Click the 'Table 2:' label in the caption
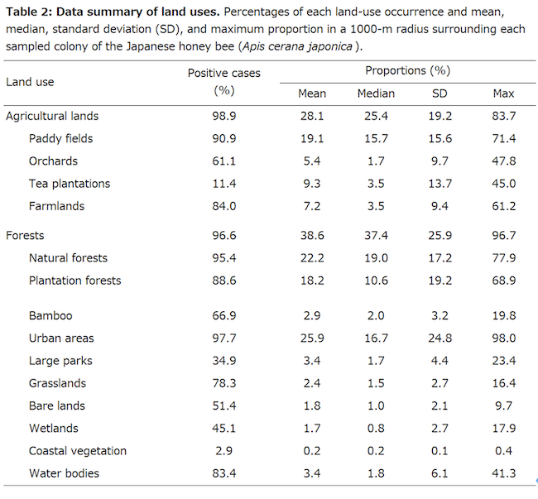pyautogui.click(x=31, y=11)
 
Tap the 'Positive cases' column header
pyautogui.click(x=223, y=73)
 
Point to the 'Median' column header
pyautogui.click(x=376, y=94)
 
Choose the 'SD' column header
pyautogui.click(x=440, y=94)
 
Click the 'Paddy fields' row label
pyautogui.click(x=62, y=138)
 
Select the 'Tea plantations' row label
pyautogui.click(x=70, y=183)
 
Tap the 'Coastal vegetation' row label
pyautogui.click(x=78, y=451)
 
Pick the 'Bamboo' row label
pyautogui.click(x=50, y=316)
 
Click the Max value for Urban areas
pyautogui.click(x=503, y=338)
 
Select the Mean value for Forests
pyautogui.click(x=312, y=236)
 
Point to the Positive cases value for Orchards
pyautogui.click(x=223, y=161)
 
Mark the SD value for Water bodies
pyautogui.click(x=440, y=473)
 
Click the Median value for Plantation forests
pyautogui.click(x=376, y=281)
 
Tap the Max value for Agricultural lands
pyautogui.click(x=503, y=116)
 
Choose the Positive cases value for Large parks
pyautogui.click(x=223, y=361)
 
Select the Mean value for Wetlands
pyautogui.click(x=312, y=429)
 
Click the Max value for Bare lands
pyautogui.click(x=503, y=406)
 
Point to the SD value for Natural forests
pyautogui.click(x=440, y=258)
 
